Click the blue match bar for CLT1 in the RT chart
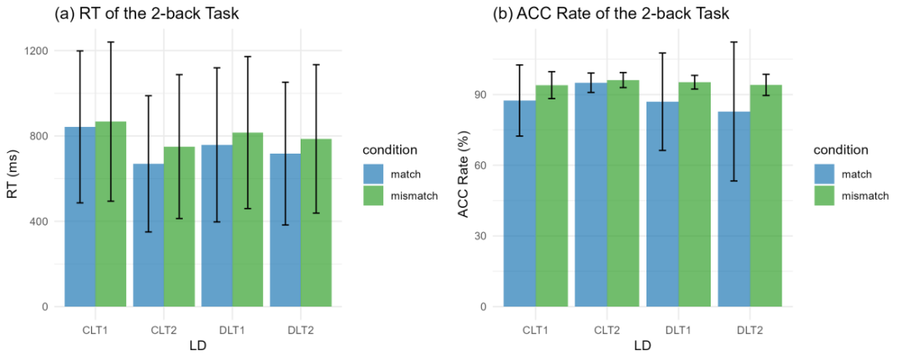80,217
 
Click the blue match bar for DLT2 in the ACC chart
735,209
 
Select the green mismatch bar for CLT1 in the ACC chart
551,195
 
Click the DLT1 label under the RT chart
216,330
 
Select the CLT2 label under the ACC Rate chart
607,330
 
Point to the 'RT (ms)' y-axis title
13,178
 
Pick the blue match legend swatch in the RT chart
374,174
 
